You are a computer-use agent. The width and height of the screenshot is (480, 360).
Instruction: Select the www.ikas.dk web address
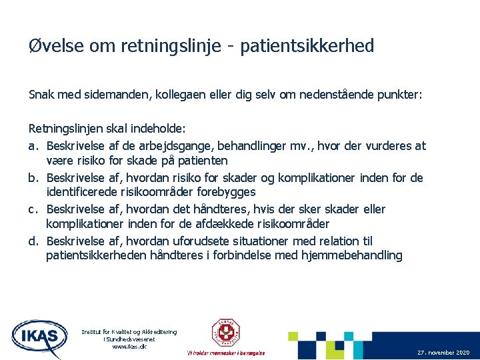[129, 347]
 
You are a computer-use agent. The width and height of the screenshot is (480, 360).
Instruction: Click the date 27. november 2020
[443, 352]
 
